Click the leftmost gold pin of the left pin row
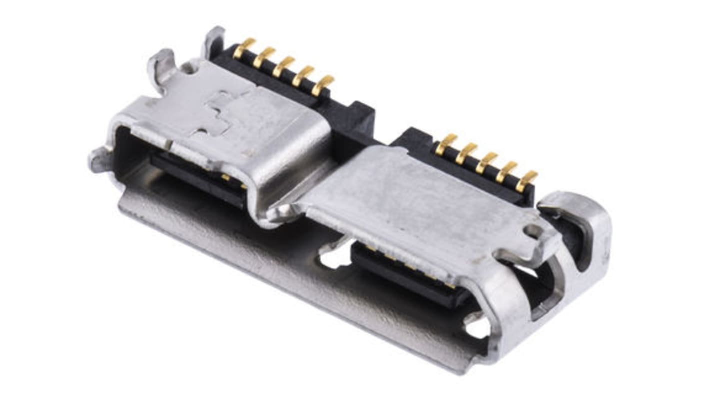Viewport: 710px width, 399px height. point(244,48)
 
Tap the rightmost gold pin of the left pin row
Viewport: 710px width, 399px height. point(323,84)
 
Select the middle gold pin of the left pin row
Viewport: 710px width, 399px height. point(283,66)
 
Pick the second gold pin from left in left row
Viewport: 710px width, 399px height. point(263,57)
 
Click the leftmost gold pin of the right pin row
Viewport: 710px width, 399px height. point(446,144)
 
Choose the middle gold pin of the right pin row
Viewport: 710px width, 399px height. point(486,162)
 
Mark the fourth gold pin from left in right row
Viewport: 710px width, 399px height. point(506,171)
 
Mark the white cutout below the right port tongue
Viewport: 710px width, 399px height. point(477,327)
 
